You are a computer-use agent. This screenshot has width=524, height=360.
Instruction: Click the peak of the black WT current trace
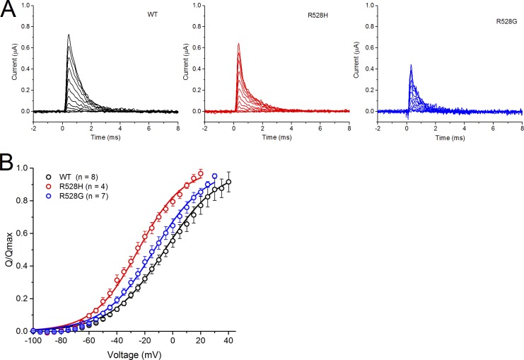69,35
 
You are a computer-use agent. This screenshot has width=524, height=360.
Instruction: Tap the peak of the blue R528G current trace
411,65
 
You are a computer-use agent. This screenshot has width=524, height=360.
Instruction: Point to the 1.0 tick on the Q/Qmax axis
22,168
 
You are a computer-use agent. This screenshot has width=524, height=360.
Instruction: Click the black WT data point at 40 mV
228,182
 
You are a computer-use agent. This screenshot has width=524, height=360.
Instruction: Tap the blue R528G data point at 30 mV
214,176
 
